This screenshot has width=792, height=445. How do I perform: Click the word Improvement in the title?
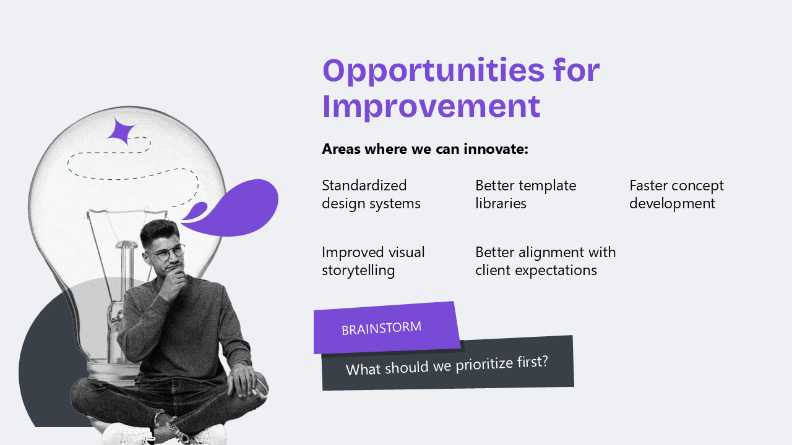431,107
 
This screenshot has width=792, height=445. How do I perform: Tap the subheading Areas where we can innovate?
425,149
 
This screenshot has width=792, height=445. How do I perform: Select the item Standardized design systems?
371,195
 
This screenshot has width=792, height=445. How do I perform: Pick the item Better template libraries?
526,195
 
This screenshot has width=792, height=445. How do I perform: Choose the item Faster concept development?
676,195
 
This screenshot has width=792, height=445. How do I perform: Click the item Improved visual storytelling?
373,261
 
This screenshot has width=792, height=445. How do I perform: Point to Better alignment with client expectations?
546,261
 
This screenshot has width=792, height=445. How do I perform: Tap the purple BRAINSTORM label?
387,328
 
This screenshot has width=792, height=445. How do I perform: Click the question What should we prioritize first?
447,365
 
